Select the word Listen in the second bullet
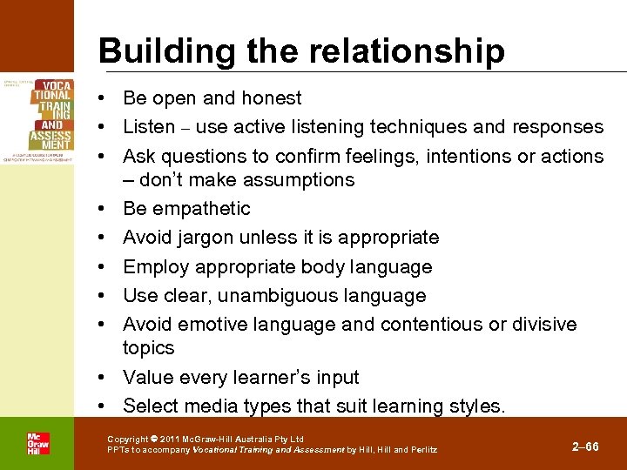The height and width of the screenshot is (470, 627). [x=148, y=127]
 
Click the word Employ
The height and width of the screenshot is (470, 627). [x=152, y=266]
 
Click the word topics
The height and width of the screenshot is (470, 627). [x=148, y=348]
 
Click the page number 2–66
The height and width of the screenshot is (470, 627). [x=585, y=446]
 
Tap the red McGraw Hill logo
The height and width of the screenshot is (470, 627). [x=37, y=443]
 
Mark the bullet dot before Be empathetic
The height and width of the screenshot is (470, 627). [x=104, y=209]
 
